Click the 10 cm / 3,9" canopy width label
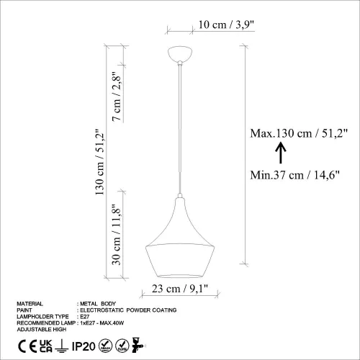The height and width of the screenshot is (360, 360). click(x=203, y=24)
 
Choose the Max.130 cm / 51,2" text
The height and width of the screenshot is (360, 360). click(x=299, y=133)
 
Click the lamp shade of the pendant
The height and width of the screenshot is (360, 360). click(x=177, y=245)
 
